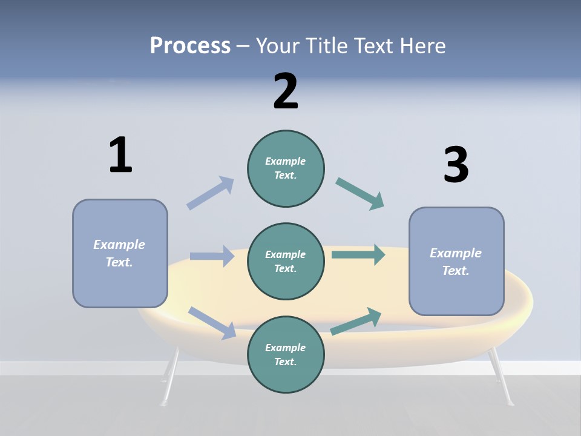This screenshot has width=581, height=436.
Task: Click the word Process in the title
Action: (x=190, y=45)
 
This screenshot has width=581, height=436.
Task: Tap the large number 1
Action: (x=120, y=155)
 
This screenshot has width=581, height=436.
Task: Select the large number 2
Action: (x=286, y=91)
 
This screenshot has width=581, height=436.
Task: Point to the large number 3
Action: (x=456, y=165)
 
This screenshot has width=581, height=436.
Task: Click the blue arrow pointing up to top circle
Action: (x=210, y=193)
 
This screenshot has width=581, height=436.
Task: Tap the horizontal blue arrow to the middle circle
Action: (x=212, y=256)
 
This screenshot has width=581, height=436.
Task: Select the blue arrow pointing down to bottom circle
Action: (x=212, y=323)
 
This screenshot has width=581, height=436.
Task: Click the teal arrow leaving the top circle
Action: (x=359, y=194)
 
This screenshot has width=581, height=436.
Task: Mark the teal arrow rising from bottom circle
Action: (x=356, y=321)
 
